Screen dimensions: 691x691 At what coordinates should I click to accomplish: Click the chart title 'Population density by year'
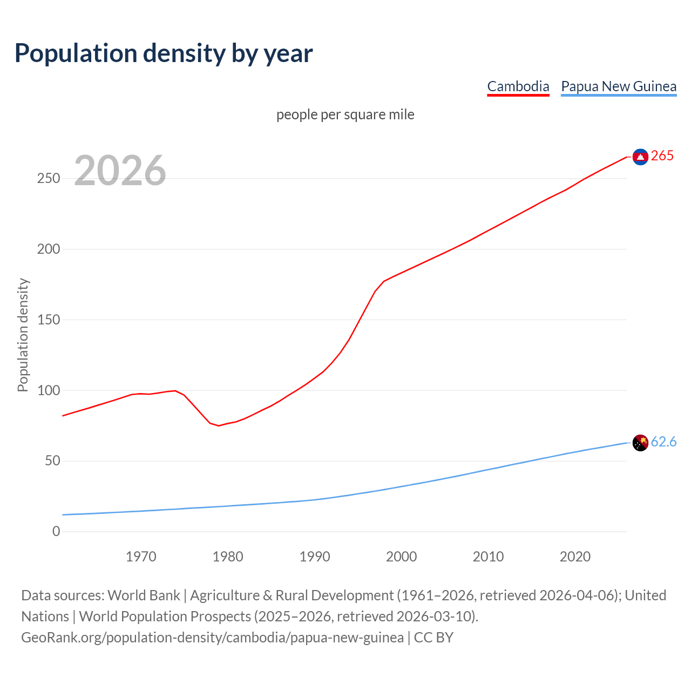click(x=164, y=53)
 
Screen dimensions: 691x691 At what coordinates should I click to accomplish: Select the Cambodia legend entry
click(x=518, y=86)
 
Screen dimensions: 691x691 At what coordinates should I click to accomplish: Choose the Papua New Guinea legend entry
click(x=618, y=86)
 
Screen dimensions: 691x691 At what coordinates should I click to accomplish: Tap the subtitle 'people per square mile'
click(x=345, y=114)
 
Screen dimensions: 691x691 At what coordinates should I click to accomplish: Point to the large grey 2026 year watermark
click(x=120, y=171)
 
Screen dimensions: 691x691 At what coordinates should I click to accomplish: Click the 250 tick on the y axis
click(x=49, y=179)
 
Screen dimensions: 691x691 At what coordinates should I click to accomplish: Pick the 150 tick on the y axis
click(x=49, y=320)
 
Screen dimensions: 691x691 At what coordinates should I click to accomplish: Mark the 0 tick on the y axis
click(x=56, y=531)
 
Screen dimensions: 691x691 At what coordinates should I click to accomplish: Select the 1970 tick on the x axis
click(x=141, y=557)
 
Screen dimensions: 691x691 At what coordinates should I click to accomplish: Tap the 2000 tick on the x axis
click(x=401, y=557)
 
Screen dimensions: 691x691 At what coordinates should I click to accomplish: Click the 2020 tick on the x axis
click(x=575, y=557)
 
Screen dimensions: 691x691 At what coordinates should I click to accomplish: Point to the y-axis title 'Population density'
click(x=23, y=335)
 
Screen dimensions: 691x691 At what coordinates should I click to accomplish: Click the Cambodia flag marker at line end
click(x=640, y=157)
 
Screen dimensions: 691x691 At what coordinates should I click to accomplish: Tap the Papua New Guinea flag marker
click(x=640, y=443)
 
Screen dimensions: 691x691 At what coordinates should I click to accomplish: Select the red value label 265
click(x=662, y=156)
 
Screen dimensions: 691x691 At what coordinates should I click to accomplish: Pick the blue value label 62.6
click(x=663, y=442)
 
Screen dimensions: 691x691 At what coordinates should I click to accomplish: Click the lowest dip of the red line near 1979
click(x=219, y=425)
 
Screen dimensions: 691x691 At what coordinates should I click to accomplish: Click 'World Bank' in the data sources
click(x=144, y=595)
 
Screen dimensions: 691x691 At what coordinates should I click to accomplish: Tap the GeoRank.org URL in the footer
click(x=212, y=638)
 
